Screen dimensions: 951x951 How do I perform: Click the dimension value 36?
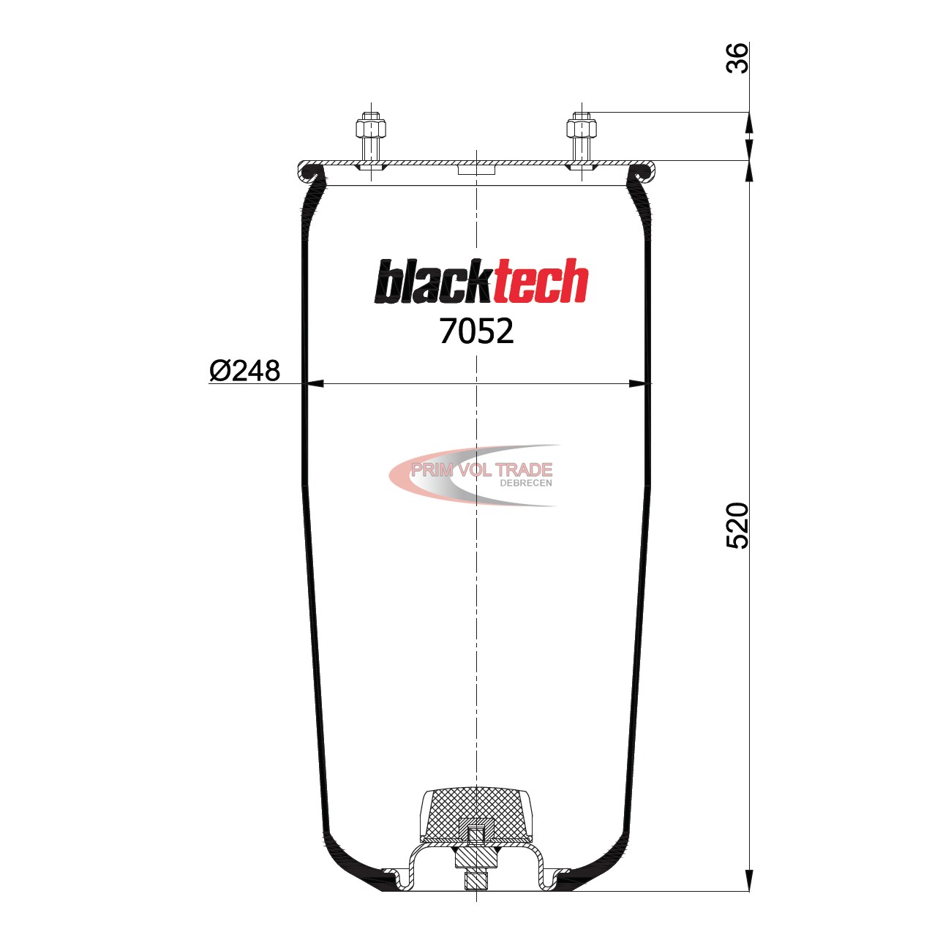click(737, 59)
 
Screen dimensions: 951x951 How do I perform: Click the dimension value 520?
click(737, 525)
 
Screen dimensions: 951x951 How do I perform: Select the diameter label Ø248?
click(245, 371)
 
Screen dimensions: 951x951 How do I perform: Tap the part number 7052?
click(476, 331)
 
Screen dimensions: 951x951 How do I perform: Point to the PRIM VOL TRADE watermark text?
click(481, 470)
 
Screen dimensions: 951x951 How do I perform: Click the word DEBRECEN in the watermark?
click(525, 483)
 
